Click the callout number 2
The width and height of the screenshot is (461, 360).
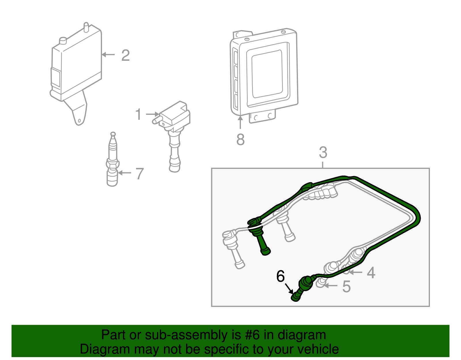(x=125, y=55)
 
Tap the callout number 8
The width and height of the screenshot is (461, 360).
(x=240, y=140)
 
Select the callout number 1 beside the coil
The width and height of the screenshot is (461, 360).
(x=139, y=114)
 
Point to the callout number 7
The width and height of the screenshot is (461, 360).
(x=139, y=174)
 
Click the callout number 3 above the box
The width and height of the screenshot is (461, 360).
(x=323, y=152)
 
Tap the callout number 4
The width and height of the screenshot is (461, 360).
(x=371, y=273)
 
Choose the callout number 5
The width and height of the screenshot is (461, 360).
(x=347, y=287)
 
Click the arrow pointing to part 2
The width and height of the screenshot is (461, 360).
(x=108, y=54)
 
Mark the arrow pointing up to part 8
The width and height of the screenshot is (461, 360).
(x=240, y=122)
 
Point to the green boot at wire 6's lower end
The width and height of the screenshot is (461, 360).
(x=296, y=297)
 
